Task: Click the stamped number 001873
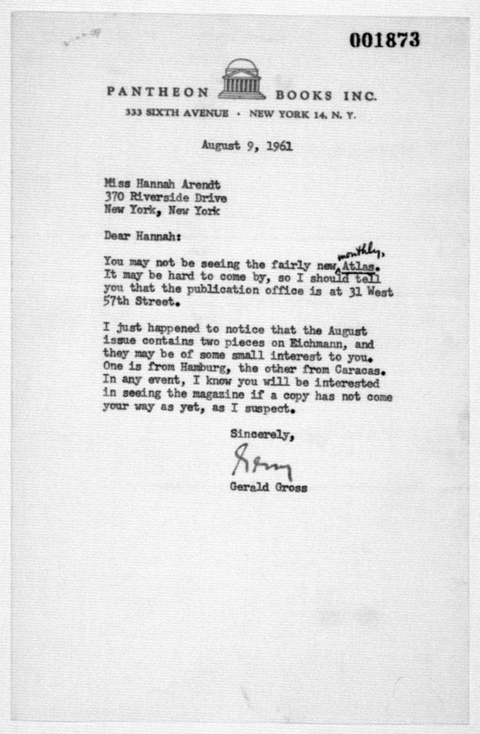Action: coord(384,40)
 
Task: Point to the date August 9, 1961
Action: coord(247,145)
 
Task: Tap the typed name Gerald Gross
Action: coord(268,488)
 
